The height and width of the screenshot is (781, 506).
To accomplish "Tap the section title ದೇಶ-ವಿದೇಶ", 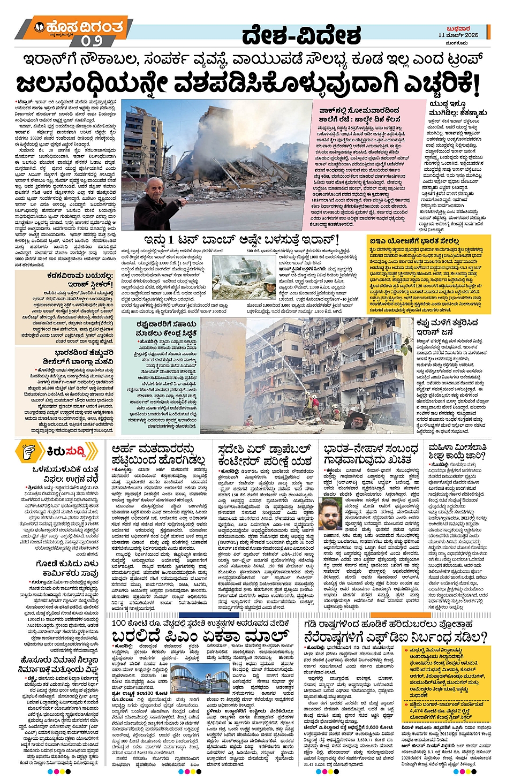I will click(x=301, y=36).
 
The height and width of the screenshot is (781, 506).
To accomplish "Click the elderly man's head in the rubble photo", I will click(x=155, y=188).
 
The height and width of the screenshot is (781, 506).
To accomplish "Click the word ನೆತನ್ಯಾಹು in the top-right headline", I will click(x=470, y=113).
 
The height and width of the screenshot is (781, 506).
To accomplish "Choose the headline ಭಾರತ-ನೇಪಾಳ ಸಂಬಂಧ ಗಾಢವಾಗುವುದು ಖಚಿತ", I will click(x=371, y=454).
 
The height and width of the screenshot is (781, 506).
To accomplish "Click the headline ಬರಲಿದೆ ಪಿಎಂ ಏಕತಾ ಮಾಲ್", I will click(x=201, y=636).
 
